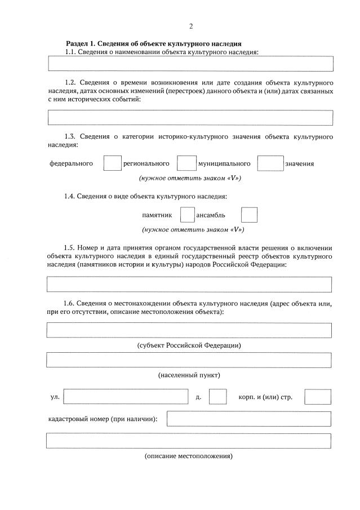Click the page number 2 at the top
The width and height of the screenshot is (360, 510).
coord(191,26)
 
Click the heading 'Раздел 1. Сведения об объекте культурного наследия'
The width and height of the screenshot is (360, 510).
coord(154,43)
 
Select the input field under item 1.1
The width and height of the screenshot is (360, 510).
coord(190,63)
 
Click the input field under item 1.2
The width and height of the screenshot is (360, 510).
coord(190,117)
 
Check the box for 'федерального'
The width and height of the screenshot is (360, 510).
coord(113,163)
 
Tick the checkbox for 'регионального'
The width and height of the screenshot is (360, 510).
coord(186,163)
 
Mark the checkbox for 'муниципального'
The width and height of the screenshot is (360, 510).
coord(270,163)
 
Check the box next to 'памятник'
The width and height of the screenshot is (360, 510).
coord(187,215)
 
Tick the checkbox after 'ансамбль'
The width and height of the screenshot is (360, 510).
coord(249,215)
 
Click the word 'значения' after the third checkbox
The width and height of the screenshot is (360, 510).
coord(299,164)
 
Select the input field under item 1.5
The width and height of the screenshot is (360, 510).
coord(189,285)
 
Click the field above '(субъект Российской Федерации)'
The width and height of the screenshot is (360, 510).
coord(189,330)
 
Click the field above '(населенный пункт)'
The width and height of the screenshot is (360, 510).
coord(189,360)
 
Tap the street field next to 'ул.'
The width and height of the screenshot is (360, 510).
coord(126,397)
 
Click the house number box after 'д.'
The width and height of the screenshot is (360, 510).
coord(217,397)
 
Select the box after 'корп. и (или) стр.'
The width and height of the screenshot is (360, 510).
coord(317,397)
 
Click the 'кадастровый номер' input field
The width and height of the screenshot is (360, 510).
coord(248,419)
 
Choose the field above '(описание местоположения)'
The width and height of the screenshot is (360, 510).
coord(189,440)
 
